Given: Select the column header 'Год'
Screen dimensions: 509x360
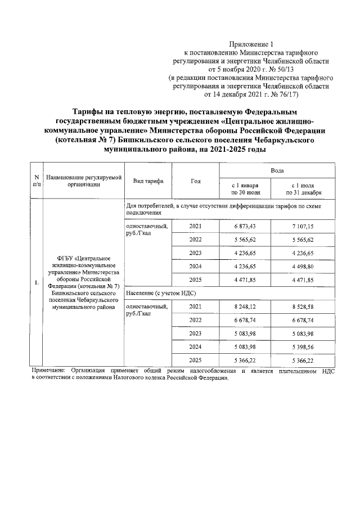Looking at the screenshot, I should tap(196, 181).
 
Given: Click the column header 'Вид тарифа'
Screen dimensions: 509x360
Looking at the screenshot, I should tap(148, 181).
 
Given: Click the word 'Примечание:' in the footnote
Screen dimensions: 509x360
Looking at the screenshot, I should tap(47, 371).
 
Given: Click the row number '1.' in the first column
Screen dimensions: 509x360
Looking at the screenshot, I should tap(36, 282).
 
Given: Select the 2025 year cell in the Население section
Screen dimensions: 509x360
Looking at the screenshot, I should tap(196, 361).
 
